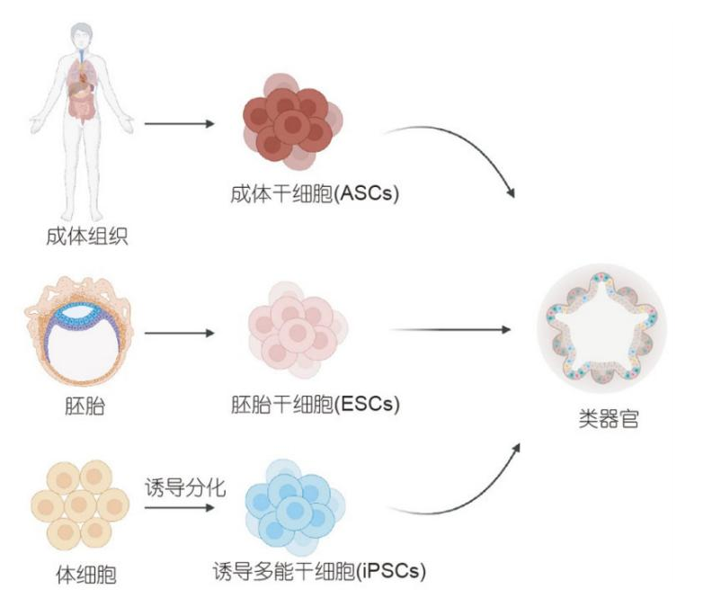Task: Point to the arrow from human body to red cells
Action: [x=179, y=123]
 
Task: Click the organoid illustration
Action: [x=601, y=327]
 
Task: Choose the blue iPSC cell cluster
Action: [x=292, y=507]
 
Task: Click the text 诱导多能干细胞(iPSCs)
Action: [x=318, y=571]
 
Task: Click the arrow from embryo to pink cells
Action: [x=179, y=333]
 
